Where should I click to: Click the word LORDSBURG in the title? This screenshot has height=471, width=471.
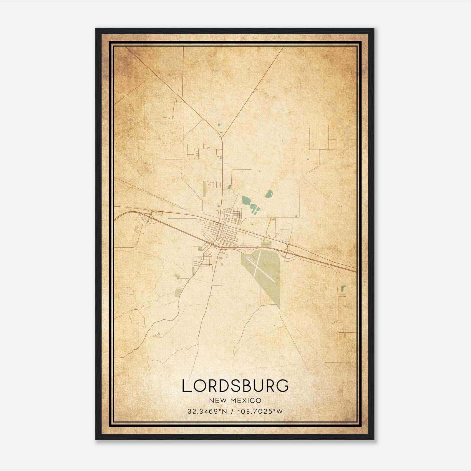(x=235, y=386)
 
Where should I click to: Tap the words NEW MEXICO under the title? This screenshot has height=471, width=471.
(x=235, y=400)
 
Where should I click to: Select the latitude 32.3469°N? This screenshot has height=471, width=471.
(x=207, y=411)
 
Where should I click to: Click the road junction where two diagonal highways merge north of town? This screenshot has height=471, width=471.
(x=222, y=138)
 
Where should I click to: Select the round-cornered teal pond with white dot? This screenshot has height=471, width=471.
(x=269, y=194)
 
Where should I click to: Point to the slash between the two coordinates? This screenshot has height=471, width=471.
(x=233, y=411)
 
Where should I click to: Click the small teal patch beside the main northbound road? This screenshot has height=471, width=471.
(x=229, y=187)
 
